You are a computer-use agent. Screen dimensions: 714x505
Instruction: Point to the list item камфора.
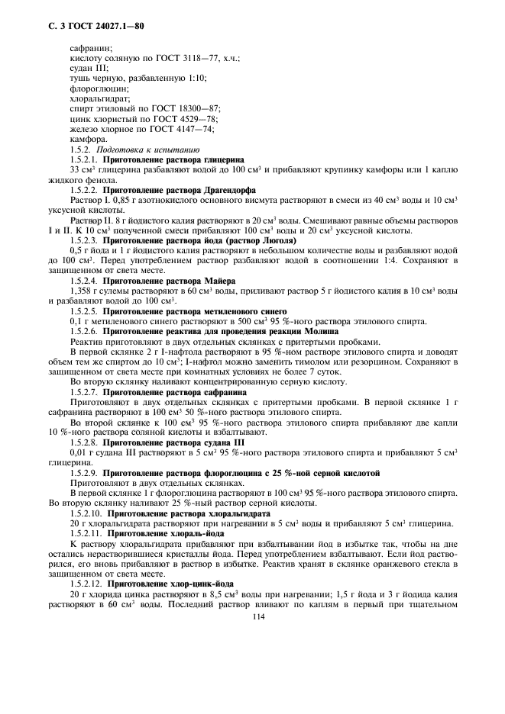(87, 139)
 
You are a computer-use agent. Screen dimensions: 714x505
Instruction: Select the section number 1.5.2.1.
(84, 159)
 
